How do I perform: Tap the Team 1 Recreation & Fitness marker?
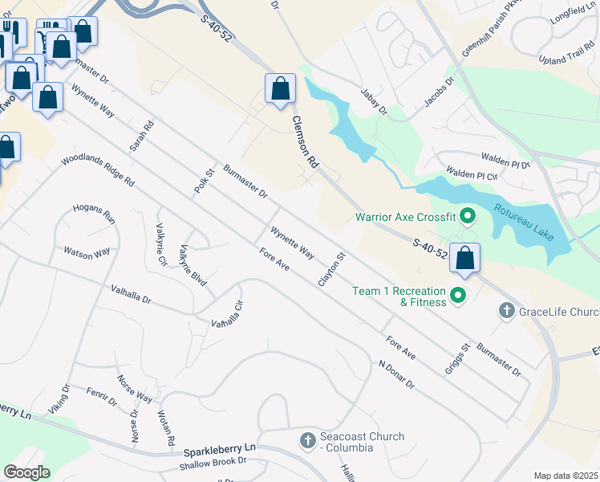tap(458, 296)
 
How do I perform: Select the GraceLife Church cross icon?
tap(506, 310)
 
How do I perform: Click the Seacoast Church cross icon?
tap(307, 440)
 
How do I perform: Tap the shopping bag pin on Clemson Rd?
tap(280, 88)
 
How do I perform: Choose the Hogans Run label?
tap(95, 214)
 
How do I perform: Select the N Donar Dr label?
tap(396, 374)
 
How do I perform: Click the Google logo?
tap(27, 472)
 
